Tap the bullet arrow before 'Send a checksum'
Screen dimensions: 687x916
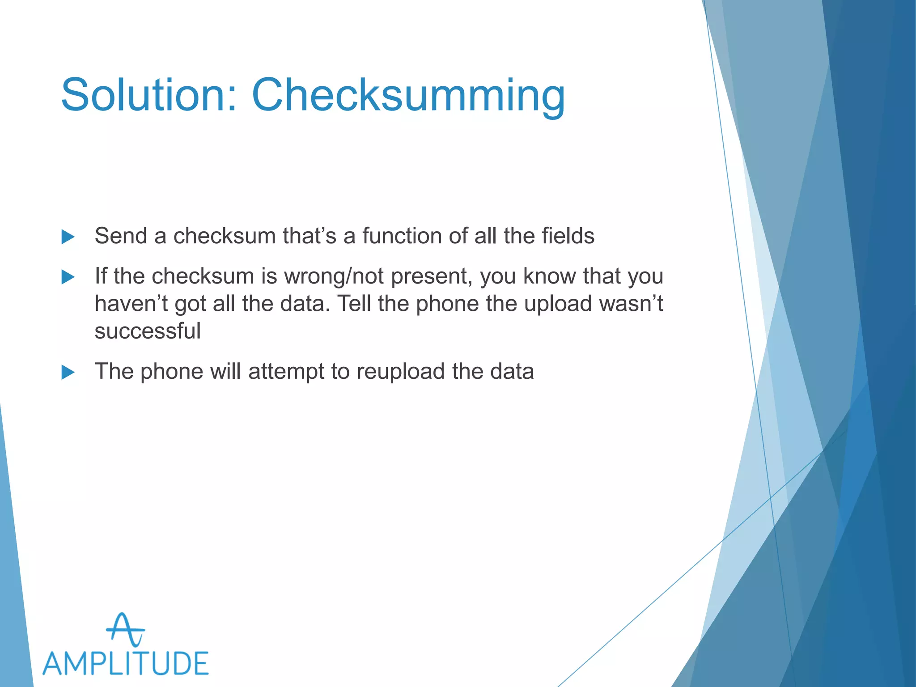(68, 237)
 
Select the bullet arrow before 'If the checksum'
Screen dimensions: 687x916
(68, 277)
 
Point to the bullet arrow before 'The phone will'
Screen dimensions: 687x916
(68, 372)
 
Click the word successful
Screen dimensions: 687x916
(148, 331)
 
